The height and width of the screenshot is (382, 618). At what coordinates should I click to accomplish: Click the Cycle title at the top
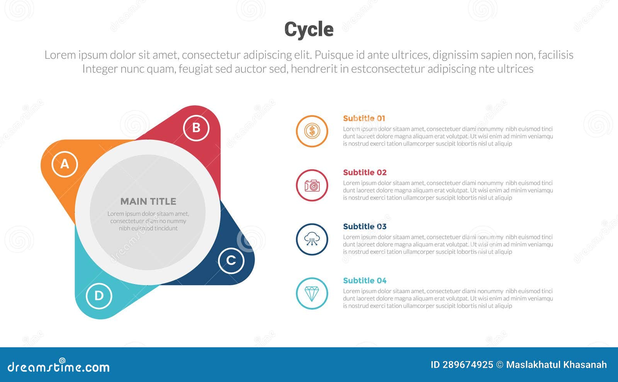point(309,29)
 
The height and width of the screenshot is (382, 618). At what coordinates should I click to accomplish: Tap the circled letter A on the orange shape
point(65,164)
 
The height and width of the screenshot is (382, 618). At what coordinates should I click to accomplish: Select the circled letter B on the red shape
point(196,128)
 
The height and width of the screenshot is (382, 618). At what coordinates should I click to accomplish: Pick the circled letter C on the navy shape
point(231,260)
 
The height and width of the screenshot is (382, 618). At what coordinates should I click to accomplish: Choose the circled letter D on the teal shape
point(99,296)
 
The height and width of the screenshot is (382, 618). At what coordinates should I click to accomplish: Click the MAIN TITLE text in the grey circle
point(148,201)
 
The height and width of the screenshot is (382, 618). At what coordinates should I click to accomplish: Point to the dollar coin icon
point(312,131)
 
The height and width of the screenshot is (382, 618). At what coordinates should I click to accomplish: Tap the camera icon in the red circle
point(312,186)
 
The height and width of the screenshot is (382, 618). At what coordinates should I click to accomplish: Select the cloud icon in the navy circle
point(312,240)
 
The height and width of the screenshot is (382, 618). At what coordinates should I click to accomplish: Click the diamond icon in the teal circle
point(312,294)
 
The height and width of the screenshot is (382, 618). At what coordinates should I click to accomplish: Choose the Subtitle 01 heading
point(364,118)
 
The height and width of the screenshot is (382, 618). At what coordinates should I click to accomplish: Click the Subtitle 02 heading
point(365,172)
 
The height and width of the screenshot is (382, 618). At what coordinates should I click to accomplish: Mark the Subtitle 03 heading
point(365,226)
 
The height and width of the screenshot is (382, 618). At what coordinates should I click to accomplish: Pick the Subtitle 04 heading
point(365,281)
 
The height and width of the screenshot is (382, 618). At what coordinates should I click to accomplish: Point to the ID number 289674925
point(462,365)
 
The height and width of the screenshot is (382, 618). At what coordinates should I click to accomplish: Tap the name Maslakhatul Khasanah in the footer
point(556,365)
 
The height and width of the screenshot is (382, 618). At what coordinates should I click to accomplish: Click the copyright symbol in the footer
point(499,365)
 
